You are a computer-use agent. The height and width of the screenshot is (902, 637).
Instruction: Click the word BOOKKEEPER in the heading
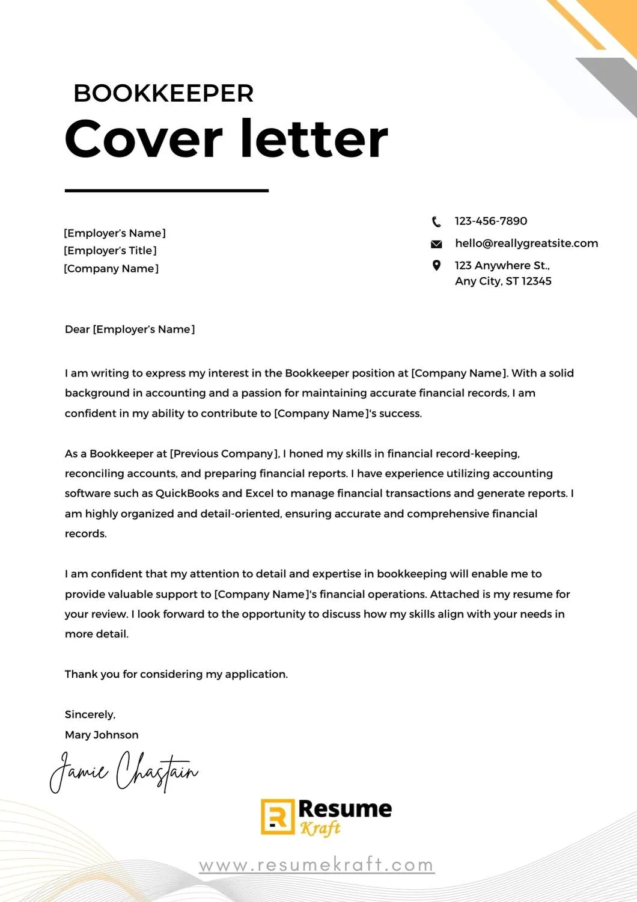pos(163,93)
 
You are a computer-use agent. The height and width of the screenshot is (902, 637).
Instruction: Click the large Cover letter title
pos(226,139)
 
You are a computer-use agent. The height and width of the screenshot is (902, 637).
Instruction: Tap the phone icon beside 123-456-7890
pos(436,222)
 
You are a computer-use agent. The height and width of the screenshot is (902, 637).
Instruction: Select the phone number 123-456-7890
pos(490,221)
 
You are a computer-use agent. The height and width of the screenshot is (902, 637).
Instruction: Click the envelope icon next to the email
pos(436,244)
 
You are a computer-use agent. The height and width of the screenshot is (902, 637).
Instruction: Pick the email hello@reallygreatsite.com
pos(526,244)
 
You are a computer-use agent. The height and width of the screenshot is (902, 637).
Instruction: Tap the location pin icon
pos(436,265)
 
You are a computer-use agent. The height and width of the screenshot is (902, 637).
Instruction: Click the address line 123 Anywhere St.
pos(502,265)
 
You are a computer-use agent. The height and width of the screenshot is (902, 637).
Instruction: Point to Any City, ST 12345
pos(503,281)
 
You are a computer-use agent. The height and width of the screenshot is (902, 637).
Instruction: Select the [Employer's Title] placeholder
pos(110,251)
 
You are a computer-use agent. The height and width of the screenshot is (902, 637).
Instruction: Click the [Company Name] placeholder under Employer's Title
pos(111,269)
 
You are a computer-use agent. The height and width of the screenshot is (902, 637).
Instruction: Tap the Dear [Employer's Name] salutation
pos(130,330)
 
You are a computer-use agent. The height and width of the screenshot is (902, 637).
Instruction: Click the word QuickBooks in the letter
pos(187,494)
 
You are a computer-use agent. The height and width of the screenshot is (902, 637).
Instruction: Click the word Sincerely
pos(90,715)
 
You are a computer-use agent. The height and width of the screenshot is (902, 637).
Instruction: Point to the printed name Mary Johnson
pos(102,735)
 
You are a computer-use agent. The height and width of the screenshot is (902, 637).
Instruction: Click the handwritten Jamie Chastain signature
pos(123,771)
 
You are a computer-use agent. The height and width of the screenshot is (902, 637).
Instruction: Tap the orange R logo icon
pos(277,817)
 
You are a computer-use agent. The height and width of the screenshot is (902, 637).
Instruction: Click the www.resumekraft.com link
pos(317,865)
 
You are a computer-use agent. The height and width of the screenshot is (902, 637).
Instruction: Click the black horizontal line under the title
pos(166,191)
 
